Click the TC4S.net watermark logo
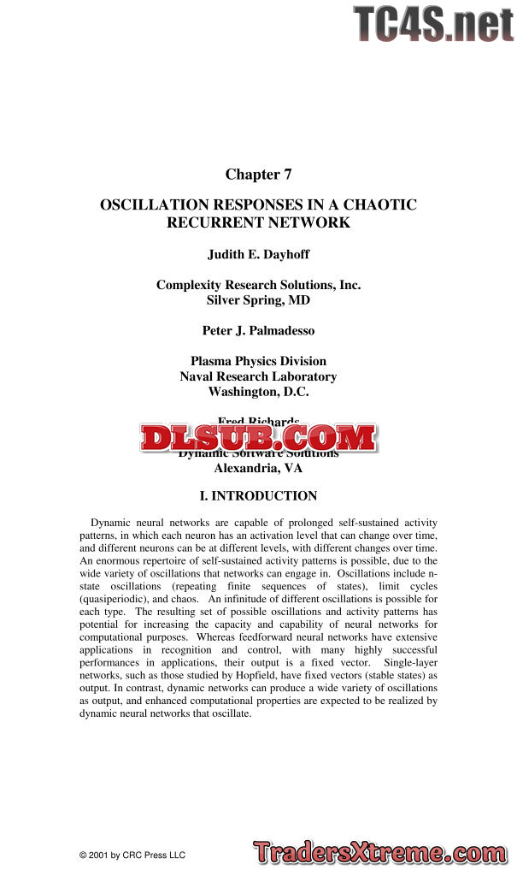click(433, 24)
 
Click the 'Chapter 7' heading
click(258, 175)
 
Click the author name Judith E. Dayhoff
click(258, 254)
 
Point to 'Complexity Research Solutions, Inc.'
click(258, 285)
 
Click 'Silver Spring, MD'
click(258, 300)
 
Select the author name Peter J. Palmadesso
click(258, 330)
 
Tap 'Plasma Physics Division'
click(258, 361)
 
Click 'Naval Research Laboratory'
click(258, 376)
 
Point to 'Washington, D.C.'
click(258, 392)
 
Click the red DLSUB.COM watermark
click(258, 438)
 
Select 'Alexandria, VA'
click(258, 468)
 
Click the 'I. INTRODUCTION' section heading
click(258, 496)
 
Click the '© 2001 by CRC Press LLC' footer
click(132, 855)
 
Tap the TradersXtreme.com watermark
click(379, 853)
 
